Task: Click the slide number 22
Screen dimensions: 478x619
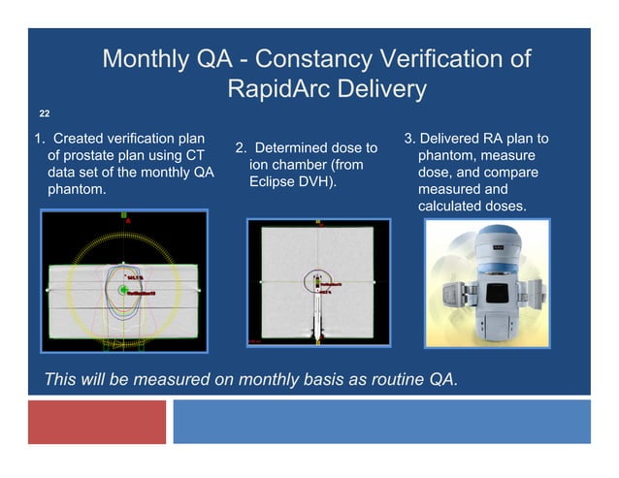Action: point(44,113)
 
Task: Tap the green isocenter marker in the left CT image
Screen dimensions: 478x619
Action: point(123,290)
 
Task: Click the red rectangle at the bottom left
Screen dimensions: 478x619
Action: point(97,422)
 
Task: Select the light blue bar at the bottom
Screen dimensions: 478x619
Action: point(381,422)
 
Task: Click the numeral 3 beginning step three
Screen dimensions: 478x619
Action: point(408,139)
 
